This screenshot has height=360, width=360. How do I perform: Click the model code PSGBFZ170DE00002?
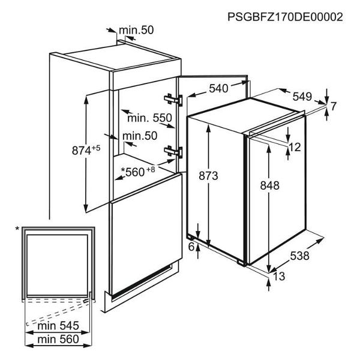click(x=285, y=17)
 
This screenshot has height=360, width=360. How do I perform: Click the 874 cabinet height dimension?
click(x=86, y=151)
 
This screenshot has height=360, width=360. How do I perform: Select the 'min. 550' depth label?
click(x=149, y=118)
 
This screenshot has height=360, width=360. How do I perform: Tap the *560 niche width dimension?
click(x=138, y=172)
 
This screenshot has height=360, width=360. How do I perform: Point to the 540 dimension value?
click(x=218, y=88)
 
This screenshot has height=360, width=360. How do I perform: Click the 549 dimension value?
click(x=302, y=97)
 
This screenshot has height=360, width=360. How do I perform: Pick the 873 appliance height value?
click(x=208, y=176)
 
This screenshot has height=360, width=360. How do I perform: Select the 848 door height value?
click(x=270, y=185)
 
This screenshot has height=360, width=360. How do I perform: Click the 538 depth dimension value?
click(x=300, y=256)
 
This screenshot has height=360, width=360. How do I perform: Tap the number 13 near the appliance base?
click(x=279, y=276)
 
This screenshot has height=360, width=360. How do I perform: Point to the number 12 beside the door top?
click(x=295, y=147)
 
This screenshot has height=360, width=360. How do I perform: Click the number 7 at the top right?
click(x=333, y=106)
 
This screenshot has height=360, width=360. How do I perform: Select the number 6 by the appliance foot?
click(x=191, y=247)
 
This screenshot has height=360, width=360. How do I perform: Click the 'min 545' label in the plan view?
click(x=58, y=326)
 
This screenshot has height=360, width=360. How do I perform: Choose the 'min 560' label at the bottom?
click(x=58, y=339)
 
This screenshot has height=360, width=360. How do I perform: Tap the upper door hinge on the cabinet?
click(x=173, y=100)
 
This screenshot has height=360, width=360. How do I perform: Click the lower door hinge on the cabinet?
click(x=173, y=152)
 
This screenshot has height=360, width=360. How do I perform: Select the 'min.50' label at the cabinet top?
click(x=136, y=30)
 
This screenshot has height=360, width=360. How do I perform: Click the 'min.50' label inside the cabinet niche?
click(x=140, y=136)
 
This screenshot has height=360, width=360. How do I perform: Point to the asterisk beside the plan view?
click(x=17, y=229)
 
